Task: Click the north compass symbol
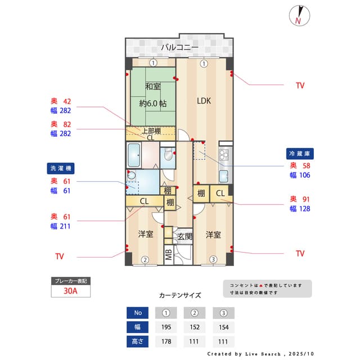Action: (x=299, y=16)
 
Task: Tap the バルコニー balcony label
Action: (x=179, y=47)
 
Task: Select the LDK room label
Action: (x=203, y=101)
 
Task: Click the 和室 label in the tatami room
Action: (x=153, y=87)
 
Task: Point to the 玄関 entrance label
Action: (x=184, y=236)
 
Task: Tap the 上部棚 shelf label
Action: (x=150, y=131)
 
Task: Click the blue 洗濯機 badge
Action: (x=61, y=168)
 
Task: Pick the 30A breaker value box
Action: (x=70, y=291)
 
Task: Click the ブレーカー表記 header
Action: (x=70, y=280)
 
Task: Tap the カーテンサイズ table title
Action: (x=180, y=295)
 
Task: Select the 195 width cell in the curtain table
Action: (x=166, y=327)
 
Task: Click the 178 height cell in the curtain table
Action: (x=166, y=341)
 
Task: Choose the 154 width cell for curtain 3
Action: (x=223, y=327)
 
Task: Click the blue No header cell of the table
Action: (x=138, y=313)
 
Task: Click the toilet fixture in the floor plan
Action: (x=168, y=157)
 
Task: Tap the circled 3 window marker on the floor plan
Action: (x=213, y=259)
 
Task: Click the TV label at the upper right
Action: (x=300, y=85)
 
